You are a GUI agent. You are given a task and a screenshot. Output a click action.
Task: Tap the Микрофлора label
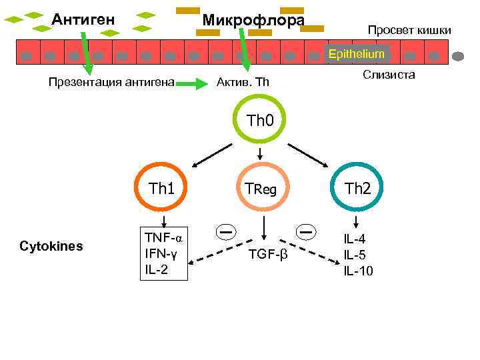coord(253,20)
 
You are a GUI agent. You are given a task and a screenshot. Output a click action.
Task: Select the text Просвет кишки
coord(409,30)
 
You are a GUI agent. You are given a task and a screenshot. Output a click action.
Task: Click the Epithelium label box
coord(357,53)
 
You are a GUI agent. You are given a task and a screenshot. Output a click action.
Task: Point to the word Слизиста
coord(389,75)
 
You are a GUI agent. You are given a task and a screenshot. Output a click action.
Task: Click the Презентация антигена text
coord(111,83)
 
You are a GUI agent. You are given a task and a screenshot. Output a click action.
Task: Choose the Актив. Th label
coord(243,83)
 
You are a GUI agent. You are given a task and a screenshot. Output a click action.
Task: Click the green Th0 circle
coord(260,121)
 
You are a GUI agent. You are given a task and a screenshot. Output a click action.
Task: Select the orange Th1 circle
coord(161,189)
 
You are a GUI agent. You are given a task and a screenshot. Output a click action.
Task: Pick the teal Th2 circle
coord(357,189)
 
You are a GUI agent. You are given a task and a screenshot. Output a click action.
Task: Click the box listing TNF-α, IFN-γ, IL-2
coord(163,253)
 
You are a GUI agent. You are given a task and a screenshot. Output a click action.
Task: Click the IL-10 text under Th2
coord(358,271)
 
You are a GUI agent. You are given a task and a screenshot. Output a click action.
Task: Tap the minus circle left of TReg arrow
coord(226,231)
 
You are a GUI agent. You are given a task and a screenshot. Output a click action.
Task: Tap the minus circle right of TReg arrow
coord(307,231)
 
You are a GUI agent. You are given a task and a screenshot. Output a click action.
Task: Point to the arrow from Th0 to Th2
coord(309,155)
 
